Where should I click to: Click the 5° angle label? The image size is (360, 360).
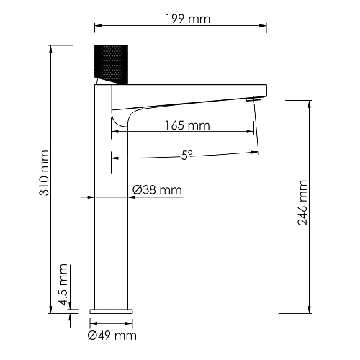coord(186,154)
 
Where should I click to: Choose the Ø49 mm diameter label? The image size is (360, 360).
coord(112,335)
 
